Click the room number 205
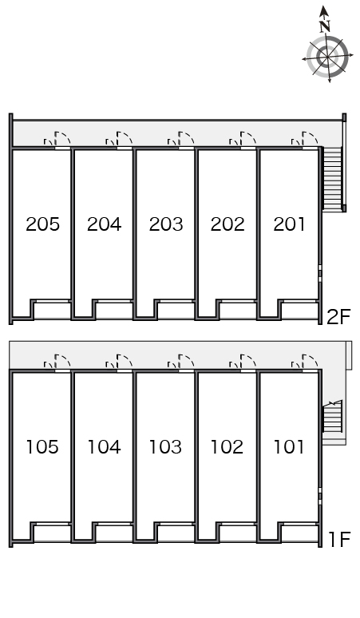(x=42, y=224)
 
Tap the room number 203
(x=166, y=224)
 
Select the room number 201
(x=289, y=224)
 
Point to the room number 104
(x=104, y=447)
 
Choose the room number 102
(x=227, y=447)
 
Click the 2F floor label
(x=338, y=316)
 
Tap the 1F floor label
(x=339, y=539)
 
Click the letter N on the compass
(x=325, y=26)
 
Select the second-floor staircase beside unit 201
(x=332, y=178)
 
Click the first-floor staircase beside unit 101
(x=332, y=416)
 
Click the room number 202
(x=227, y=224)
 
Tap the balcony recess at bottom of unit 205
(x=52, y=311)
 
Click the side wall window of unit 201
(x=320, y=273)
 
